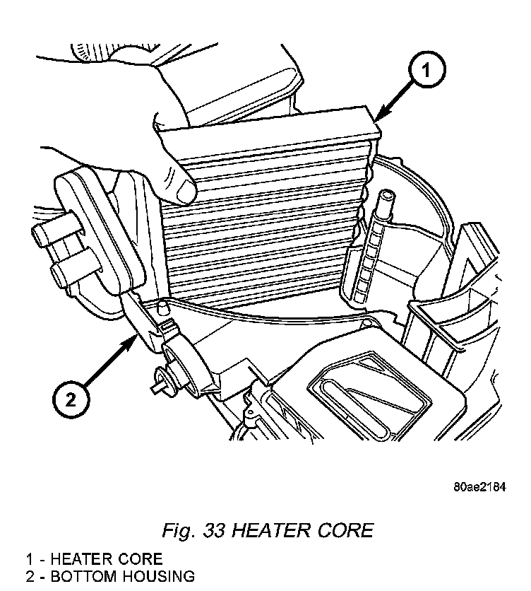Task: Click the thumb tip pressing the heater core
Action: coord(185,190)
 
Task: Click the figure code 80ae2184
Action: coord(480,488)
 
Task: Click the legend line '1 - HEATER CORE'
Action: coord(94,559)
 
